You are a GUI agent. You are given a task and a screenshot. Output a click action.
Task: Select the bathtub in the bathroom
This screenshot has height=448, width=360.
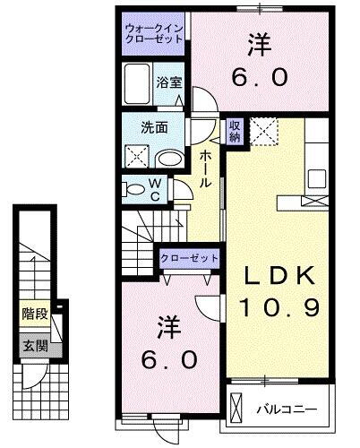[138, 84]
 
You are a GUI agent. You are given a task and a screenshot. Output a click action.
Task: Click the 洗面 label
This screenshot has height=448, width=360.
[154, 126]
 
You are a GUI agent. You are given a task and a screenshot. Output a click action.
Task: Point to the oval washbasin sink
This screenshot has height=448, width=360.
[168, 158]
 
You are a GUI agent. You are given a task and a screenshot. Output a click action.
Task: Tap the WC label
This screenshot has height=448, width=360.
[155, 190]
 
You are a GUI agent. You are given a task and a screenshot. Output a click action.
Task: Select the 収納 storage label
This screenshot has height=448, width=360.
[234, 132]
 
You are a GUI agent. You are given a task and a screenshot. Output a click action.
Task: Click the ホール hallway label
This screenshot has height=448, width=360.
[205, 168]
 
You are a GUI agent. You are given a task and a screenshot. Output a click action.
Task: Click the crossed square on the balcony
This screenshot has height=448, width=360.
[235, 406]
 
